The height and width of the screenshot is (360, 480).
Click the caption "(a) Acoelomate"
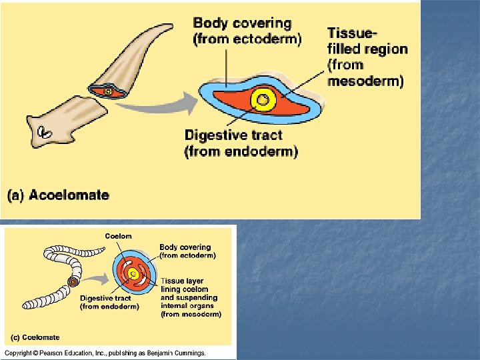point(58,195)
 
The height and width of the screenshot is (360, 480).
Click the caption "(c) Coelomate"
point(33,337)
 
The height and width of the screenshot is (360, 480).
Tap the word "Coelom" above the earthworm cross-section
point(118,236)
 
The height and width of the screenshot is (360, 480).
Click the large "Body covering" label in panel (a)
point(241,23)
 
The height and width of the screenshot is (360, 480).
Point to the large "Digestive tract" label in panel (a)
point(233,135)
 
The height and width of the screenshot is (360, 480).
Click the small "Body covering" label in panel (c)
point(185,247)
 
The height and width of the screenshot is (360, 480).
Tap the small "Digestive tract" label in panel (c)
point(105,298)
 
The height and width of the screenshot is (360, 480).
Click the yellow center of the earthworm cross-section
point(133,273)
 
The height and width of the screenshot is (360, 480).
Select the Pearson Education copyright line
point(105,353)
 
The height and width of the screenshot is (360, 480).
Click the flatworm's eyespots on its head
point(45,133)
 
